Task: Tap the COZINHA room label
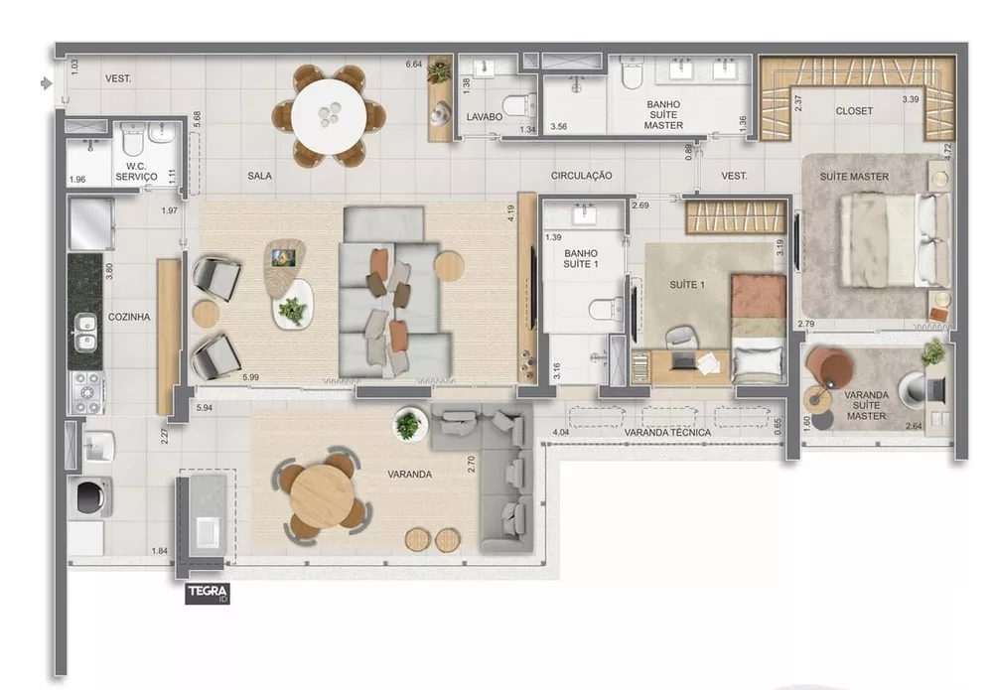pyautogui.click(x=130, y=318)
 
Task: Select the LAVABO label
pyautogui.click(x=485, y=116)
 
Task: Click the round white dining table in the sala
pyautogui.click(x=329, y=114)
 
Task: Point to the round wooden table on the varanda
pyautogui.click(x=324, y=496)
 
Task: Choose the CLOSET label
pyautogui.click(x=853, y=111)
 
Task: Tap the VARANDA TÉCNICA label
pyautogui.click(x=667, y=433)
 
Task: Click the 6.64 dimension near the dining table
pyautogui.click(x=414, y=66)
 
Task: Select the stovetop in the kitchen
pyautogui.click(x=86, y=392)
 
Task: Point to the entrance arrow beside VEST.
pyautogui.click(x=46, y=83)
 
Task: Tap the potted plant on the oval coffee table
pyautogui.click(x=293, y=311)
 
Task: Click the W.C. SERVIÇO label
pyautogui.click(x=136, y=172)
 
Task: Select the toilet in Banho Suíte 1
pyautogui.click(x=603, y=310)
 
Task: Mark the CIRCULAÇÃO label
pyautogui.click(x=582, y=176)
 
